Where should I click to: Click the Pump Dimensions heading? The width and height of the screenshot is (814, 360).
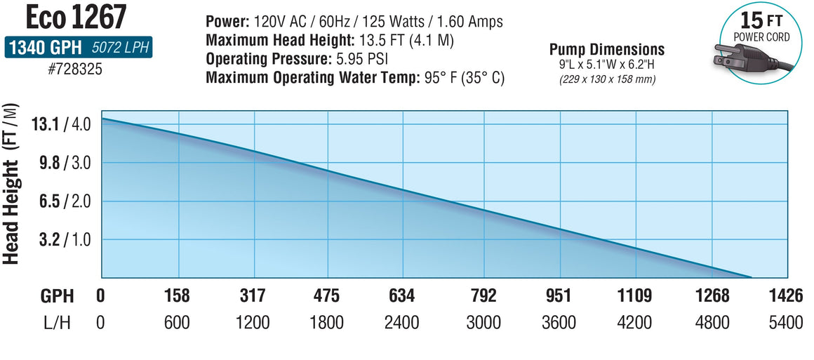(607, 50)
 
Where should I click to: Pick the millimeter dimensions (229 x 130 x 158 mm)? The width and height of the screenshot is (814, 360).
(607, 79)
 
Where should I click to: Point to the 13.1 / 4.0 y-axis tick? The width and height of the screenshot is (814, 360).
(61, 125)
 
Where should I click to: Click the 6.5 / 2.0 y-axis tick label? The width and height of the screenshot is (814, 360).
(61, 201)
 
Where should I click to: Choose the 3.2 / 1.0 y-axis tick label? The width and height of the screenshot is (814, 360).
(61, 239)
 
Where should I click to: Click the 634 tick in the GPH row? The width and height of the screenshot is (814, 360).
(401, 295)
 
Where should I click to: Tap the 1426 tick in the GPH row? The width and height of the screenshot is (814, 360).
(786, 295)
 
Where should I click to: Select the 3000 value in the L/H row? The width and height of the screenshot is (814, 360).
(483, 323)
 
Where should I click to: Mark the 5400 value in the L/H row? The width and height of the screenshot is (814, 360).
(786, 323)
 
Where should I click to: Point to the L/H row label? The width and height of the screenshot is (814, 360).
(57, 323)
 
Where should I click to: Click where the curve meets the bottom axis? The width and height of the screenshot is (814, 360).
(751, 277)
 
